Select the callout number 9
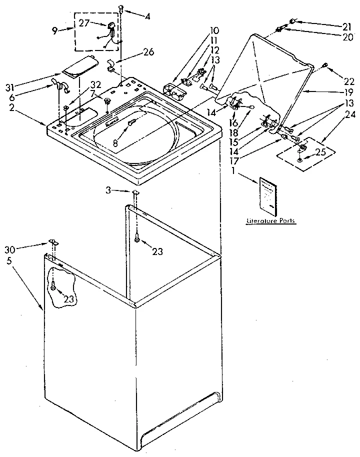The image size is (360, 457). point(55,30)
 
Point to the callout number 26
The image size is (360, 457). point(148,52)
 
